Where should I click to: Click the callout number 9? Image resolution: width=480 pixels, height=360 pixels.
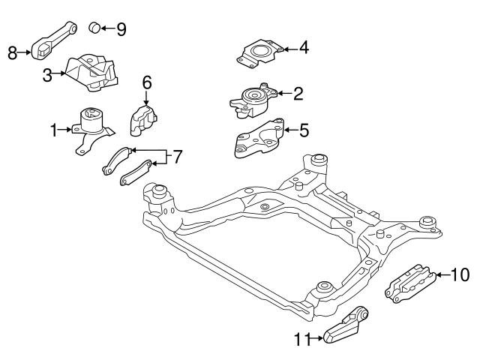(x=120, y=28)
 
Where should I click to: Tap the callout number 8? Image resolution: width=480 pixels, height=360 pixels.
(x=12, y=52)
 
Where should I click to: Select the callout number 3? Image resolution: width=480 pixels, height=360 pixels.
(x=46, y=75)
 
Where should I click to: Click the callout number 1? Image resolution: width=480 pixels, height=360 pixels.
(x=54, y=130)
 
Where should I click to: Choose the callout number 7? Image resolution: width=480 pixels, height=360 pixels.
(x=178, y=157)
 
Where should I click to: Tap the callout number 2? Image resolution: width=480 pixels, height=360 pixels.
(x=298, y=94)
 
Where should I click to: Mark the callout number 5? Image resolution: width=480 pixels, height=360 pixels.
(x=303, y=130)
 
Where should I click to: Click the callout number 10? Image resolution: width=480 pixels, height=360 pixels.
(x=460, y=275)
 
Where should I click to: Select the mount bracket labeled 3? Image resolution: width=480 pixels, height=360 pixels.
(x=90, y=72)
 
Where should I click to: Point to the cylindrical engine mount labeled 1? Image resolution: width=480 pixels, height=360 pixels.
(x=91, y=124)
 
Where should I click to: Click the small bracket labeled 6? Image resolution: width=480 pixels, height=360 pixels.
(x=145, y=117)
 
